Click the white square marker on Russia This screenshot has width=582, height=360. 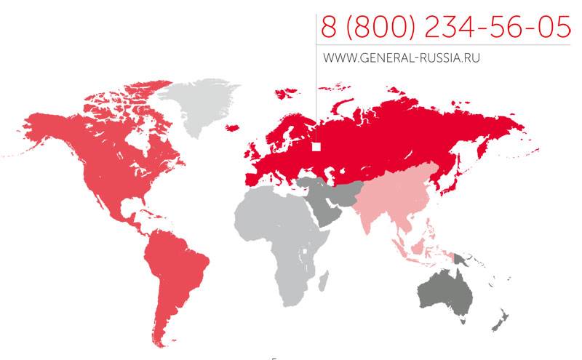[x=316, y=147]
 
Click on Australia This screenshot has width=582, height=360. [x=444, y=295]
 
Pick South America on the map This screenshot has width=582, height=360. [x=175, y=276]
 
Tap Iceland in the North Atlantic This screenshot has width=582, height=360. [x=234, y=128]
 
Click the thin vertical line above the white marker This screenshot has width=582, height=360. [x=316, y=80]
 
